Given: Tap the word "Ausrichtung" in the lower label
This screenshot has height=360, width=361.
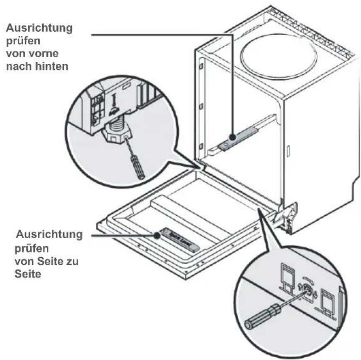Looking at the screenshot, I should coord(49,235).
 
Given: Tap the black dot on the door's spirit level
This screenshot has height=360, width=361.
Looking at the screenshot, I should coord(156,233).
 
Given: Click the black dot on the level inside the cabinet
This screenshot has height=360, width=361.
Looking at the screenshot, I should coord(232,137).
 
